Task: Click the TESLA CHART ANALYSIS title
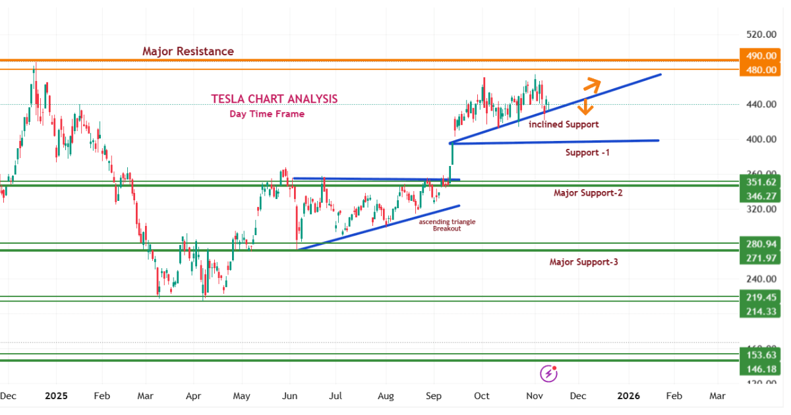tap(274, 99)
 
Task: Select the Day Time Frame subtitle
tap(267, 114)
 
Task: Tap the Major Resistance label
tap(188, 51)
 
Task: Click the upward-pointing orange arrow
tap(592, 84)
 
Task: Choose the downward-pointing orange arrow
tap(583, 107)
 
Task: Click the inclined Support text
tap(564, 124)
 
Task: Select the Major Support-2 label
tap(588, 193)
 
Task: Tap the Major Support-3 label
tap(583, 262)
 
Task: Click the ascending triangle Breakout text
tap(447, 225)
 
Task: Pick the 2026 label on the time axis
tap(628, 396)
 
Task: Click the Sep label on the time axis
tap(433, 396)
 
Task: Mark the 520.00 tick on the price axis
tap(756, 34)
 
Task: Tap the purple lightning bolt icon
tap(548, 374)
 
